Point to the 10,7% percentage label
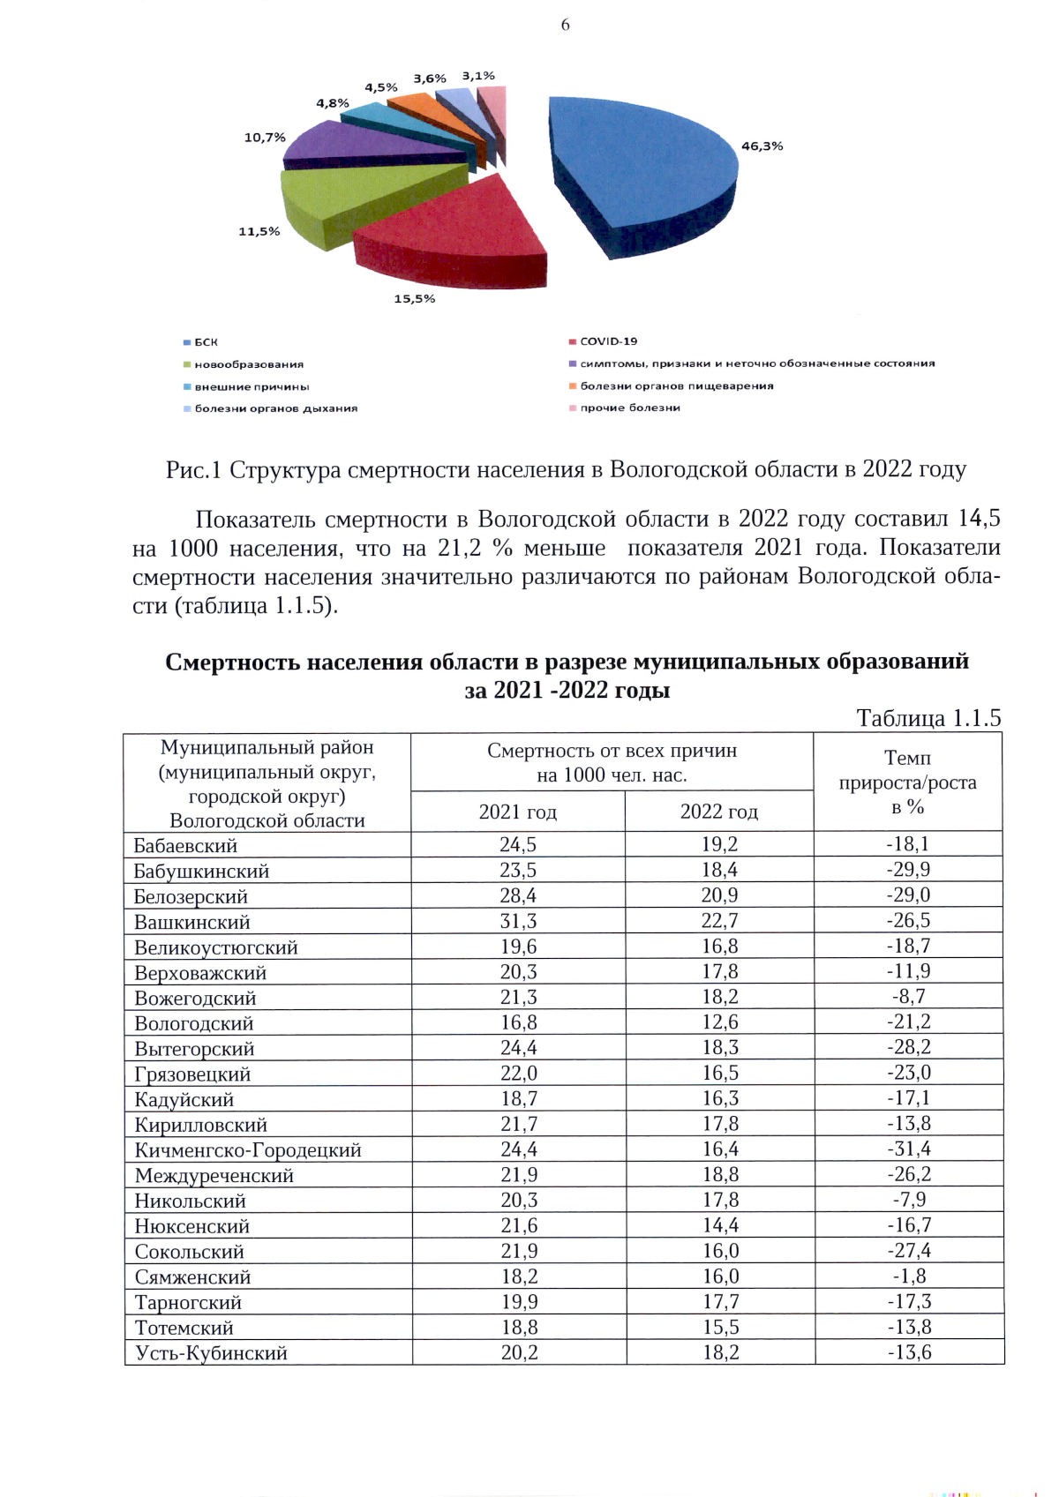tap(265, 138)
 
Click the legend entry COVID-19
tap(608, 341)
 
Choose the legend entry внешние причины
tap(252, 386)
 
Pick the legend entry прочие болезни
tap(629, 408)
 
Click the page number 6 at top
tap(565, 25)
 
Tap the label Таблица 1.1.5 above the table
tap(928, 718)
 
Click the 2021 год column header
tap(518, 812)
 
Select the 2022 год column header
tap(719, 812)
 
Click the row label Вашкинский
tap(192, 922)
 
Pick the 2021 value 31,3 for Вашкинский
tap(518, 921)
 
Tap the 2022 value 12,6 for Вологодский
tap(720, 1022)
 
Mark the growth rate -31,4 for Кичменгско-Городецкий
tap(909, 1149)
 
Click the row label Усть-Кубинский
tap(211, 1353)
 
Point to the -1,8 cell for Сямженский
tap(909, 1276)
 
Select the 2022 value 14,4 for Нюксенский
tap(720, 1225)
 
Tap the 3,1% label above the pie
tap(478, 76)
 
